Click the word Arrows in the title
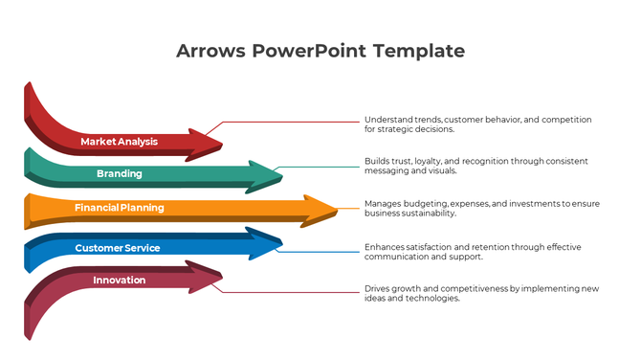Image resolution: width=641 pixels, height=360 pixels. click(x=210, y=51)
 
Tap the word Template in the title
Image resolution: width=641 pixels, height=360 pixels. click(x=419, y=51)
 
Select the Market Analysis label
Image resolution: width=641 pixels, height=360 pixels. click(x=119, y=142)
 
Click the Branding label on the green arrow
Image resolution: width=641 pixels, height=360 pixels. click(x=119, y=174)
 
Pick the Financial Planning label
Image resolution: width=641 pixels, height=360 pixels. click(x=119, y=208)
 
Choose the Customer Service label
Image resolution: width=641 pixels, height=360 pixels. click(x=117, y=248)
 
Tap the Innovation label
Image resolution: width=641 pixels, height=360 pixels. click(x=119, y=281)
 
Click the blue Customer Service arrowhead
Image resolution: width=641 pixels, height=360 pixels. click(x=266, y=244)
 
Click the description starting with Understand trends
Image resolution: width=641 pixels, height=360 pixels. click(x=477, y=124)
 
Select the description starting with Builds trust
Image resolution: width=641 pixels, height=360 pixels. click(x=475, y=166)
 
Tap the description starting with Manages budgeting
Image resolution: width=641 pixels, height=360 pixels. click(x=481, y=208)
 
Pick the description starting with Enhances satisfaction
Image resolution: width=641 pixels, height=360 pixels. click(x=472, y=252)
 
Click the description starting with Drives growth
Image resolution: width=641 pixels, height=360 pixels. click(x=481, y=293)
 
